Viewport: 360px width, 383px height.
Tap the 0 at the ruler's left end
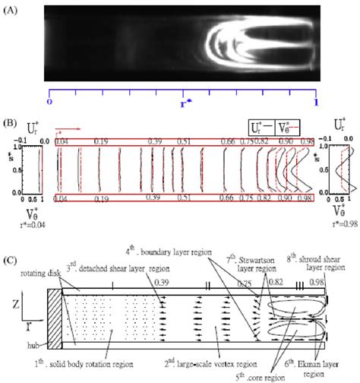49,100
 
